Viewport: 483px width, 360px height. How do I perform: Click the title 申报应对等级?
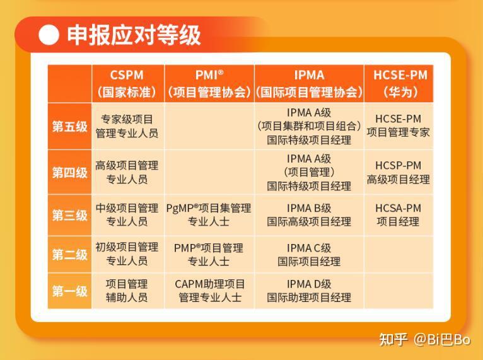click(x=134, y=35)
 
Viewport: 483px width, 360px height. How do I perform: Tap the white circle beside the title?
click(x=49, y=35)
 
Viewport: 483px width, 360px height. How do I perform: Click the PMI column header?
click(x=209, y=83)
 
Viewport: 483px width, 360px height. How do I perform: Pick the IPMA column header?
click(x=309, y=83)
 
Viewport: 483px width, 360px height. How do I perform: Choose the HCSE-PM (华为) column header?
click(x=400, y=83)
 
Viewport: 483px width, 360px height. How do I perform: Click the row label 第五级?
click(x=69, y=125)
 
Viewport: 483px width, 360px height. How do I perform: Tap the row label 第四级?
click(x=69, y=172)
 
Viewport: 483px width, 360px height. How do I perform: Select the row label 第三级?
click(x=69, y=215)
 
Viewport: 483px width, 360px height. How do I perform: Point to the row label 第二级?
click(x=69, y=255)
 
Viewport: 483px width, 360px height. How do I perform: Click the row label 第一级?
click(x=69, y=291)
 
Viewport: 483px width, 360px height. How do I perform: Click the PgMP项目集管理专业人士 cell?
click(x=209, y=215)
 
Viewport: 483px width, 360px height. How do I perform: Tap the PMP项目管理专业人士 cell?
click(x=209, y=255)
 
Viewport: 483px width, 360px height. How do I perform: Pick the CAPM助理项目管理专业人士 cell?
click(x=209, y=291)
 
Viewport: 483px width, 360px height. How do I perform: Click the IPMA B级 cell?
click(x=309, y=215)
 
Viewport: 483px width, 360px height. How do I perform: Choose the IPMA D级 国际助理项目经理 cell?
click(x=309, y=291)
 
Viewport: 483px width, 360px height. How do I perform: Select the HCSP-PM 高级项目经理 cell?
click(x=399, y=172)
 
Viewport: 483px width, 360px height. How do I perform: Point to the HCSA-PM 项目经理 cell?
click(x=399, y=215)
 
